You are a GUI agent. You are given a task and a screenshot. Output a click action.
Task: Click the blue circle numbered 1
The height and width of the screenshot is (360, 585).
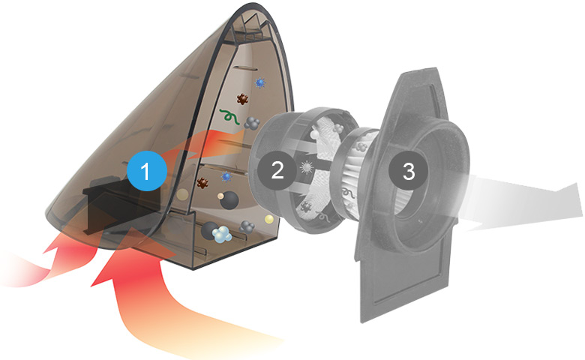coord(146,171)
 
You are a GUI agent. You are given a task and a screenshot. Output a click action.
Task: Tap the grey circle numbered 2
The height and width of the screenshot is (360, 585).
coord(277,170)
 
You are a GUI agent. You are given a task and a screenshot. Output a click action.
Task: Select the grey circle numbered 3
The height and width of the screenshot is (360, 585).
coord(409,171)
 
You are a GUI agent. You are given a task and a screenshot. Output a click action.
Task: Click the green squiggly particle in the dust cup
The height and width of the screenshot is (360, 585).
coord(229,116)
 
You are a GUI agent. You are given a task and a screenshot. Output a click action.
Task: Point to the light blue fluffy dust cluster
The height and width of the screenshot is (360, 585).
coord(222,235)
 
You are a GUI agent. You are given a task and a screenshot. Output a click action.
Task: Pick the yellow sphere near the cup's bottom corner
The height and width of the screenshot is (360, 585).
coord(268,219)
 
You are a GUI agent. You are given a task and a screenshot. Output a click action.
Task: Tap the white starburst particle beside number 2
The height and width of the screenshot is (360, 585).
coord(307,167)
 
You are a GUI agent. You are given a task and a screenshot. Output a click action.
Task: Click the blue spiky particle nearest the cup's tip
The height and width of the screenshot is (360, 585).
coord(260,82)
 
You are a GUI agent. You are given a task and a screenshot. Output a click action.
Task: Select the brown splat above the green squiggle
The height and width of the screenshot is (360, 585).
coord(242,99)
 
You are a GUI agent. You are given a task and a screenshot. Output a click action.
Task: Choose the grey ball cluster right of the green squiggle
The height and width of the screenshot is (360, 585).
coord(252,122)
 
